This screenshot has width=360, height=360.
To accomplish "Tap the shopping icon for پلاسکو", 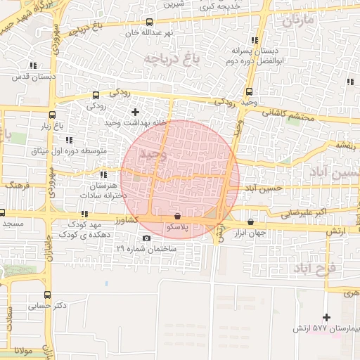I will click(176, 217).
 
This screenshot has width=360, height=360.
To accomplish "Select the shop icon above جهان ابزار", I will click(251, 221).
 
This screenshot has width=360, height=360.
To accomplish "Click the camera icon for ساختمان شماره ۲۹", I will click(146, 238).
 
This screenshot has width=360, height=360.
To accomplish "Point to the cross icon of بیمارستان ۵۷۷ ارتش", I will click(326, 318).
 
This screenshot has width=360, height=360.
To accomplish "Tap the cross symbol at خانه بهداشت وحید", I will click(136, 112).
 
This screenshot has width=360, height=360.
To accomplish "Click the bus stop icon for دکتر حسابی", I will click(47, 295).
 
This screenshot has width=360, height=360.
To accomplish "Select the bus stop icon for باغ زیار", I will click(52, 115).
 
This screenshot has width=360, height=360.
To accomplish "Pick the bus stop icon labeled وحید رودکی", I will click(250, 91).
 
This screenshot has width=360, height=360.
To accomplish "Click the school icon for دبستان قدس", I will click(33, 65).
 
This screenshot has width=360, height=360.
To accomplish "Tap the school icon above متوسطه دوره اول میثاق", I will click(69, 141).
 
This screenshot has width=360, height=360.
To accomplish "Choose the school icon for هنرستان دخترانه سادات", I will click(104, 174).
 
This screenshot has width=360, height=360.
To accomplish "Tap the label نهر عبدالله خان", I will click(148, 32).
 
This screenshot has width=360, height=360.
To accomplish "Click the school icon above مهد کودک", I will click(84, 214).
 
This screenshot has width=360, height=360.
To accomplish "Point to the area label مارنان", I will click(297, 20).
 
